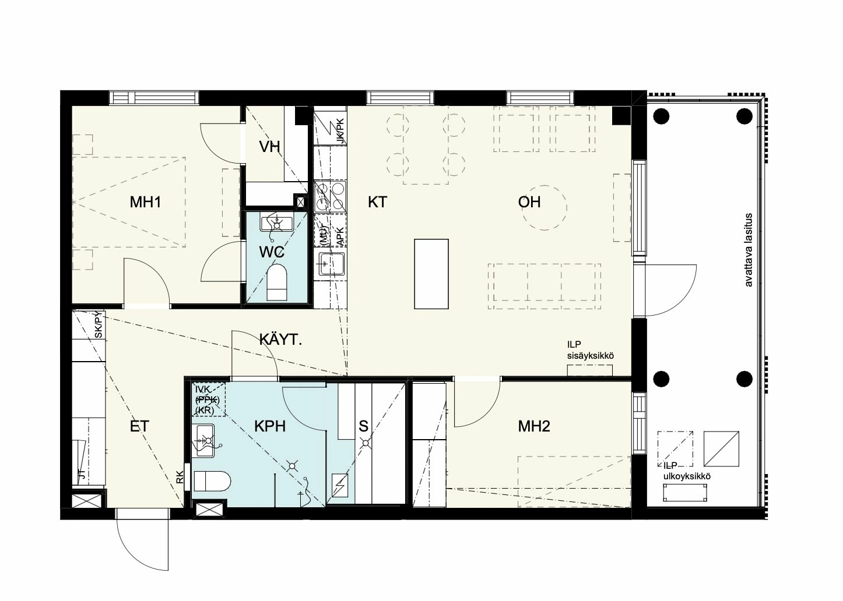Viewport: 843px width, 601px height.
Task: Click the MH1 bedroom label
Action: pos(145,202)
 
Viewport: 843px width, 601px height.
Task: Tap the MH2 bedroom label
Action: pos(534,427)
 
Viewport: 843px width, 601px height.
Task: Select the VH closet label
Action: pos(270,146)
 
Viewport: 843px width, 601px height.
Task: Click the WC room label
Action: pos(272,252)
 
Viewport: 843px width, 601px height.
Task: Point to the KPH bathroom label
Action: pos(269,426)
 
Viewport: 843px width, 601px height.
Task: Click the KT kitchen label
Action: pos(377,202)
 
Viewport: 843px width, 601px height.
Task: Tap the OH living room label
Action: pos(529,202)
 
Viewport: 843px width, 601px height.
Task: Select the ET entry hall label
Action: pos(139,426)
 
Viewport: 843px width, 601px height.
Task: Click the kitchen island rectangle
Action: pos(431,274)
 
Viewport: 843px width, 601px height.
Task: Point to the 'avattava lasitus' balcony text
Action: pos(749,250)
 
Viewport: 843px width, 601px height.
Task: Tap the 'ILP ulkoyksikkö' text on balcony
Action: pos(687,471)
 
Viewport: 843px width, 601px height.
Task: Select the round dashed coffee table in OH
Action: pos(544,207)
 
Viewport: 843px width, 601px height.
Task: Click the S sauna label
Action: pos(364,426)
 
